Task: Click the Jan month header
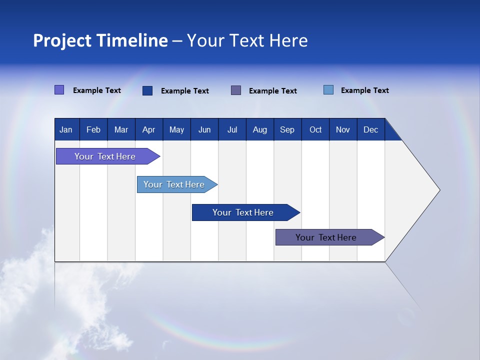(x=66, y=130)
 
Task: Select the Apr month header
(x=148, y=130)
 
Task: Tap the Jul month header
(x=232, y=130)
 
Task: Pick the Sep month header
(x=287, y=130)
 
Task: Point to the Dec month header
(x=370, y=130)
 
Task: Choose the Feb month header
(x=93, y=130)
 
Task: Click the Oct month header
(x=315, y=130)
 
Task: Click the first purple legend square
(x=59, y=90)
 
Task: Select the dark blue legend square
(x=147, y=90)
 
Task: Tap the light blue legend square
(x=328, y=90)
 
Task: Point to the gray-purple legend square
(x=236, y=90)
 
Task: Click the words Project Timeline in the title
(x=100, y=40)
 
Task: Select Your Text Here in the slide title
(x=247, y=40)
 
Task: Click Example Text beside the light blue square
(x=364, y=90)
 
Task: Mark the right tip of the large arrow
(x=439, y=190)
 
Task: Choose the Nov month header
(x=343, y=130)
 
